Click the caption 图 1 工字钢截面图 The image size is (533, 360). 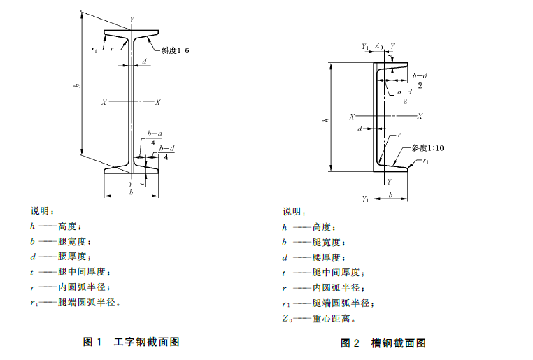tap(132, 342)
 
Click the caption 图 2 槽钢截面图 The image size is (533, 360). tap(383, 343)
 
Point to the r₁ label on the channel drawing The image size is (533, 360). tap(426, 161)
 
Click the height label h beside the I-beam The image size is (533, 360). tap(77, 86)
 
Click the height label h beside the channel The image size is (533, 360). tap(325, 121)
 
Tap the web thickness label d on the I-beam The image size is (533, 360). tap(145, 62)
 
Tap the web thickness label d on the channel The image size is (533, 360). tap(360, 129)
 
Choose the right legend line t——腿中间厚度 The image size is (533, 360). tap(321, 272)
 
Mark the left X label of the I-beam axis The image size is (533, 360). tap(104, 102)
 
